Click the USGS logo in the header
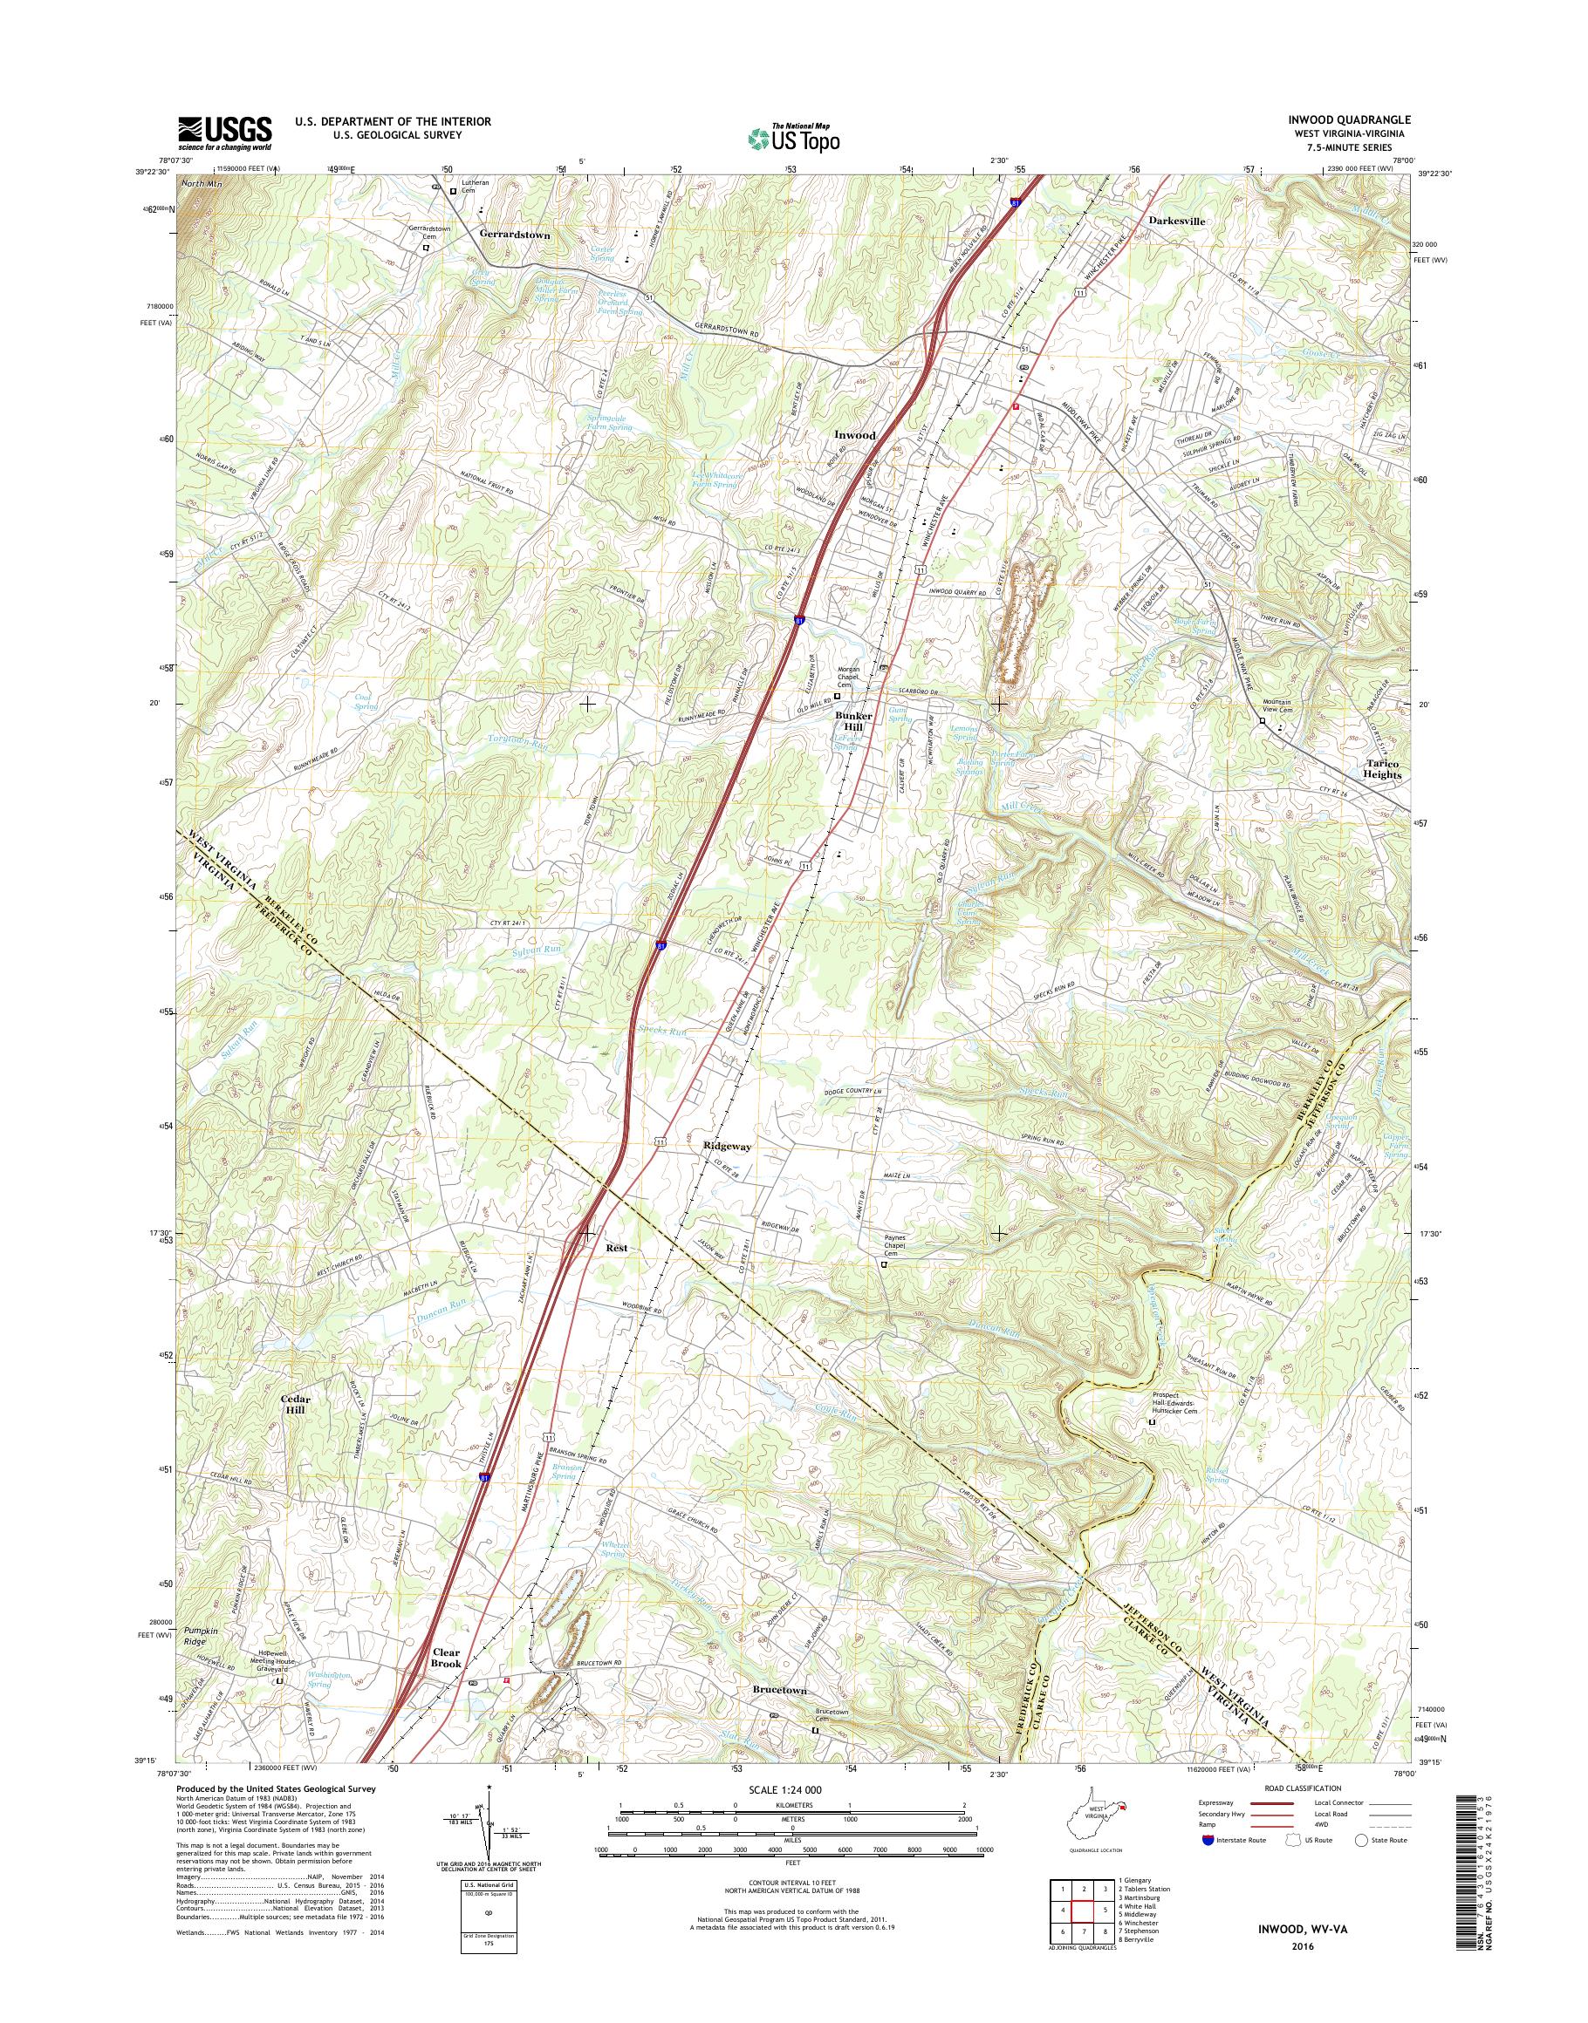[x=225, y=133]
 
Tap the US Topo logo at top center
[x=793, y=137]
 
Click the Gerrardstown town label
[x=515, y=235]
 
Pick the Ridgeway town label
[x=727, y=1147]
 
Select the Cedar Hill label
[x=296, y=1403]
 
